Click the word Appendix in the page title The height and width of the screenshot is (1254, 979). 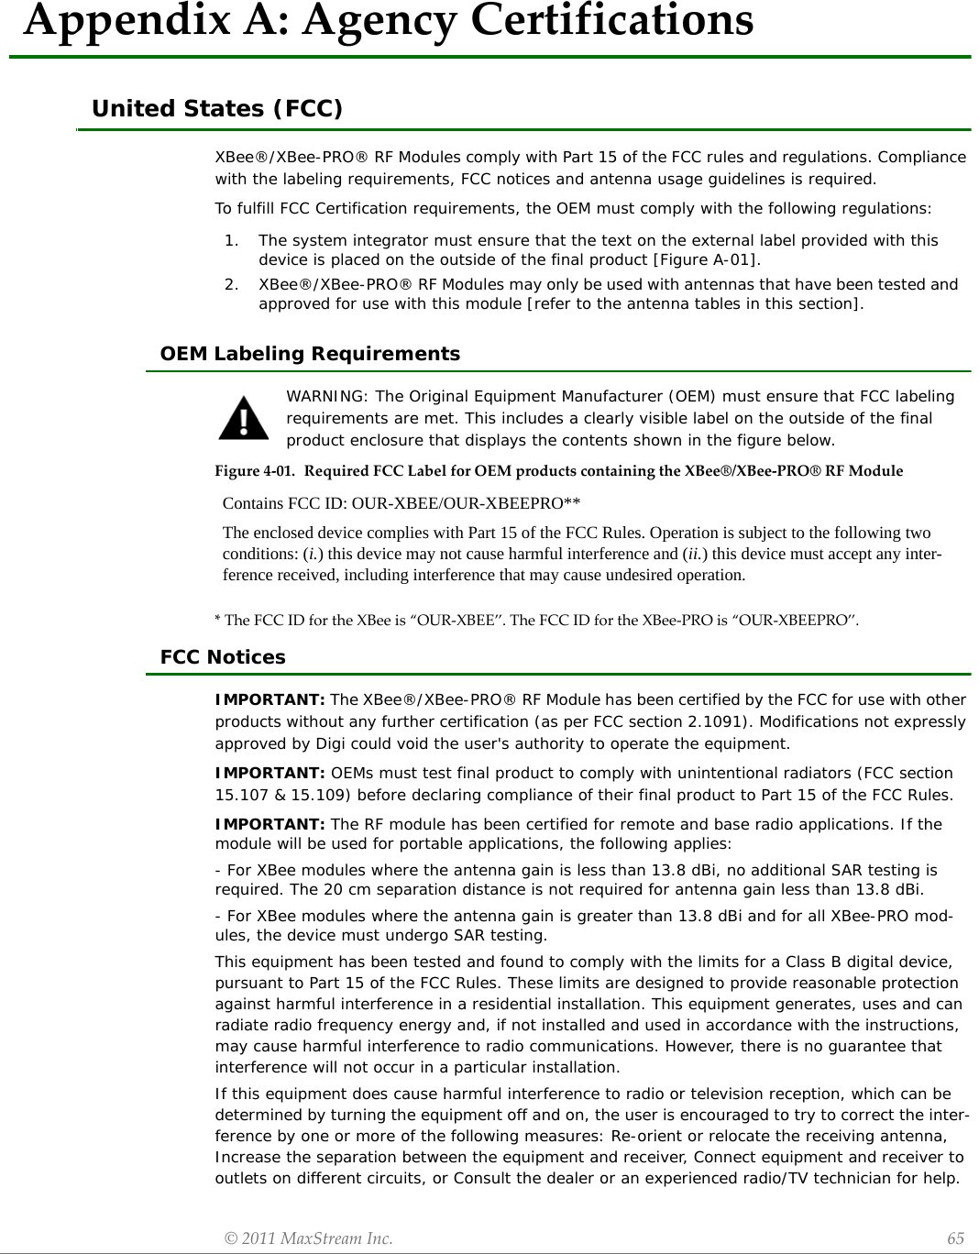(128, 20)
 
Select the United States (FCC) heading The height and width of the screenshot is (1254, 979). (217, 109)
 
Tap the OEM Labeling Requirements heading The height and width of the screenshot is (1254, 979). (310, 354)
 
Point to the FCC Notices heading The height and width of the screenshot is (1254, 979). (223, 657)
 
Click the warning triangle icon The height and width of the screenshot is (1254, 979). (244, 418)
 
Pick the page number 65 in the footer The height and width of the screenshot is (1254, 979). (955, 1238)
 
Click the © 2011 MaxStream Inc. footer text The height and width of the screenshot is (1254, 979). (309, 1238)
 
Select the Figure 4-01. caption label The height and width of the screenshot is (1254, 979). (255, 471)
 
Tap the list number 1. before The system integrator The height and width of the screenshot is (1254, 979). (232, 240)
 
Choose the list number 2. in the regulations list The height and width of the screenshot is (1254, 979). (232, 284)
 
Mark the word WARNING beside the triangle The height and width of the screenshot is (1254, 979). (325, 396)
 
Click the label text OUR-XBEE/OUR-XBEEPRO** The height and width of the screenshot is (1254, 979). (466, 503)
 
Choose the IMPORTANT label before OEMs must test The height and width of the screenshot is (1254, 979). (270, 773)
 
